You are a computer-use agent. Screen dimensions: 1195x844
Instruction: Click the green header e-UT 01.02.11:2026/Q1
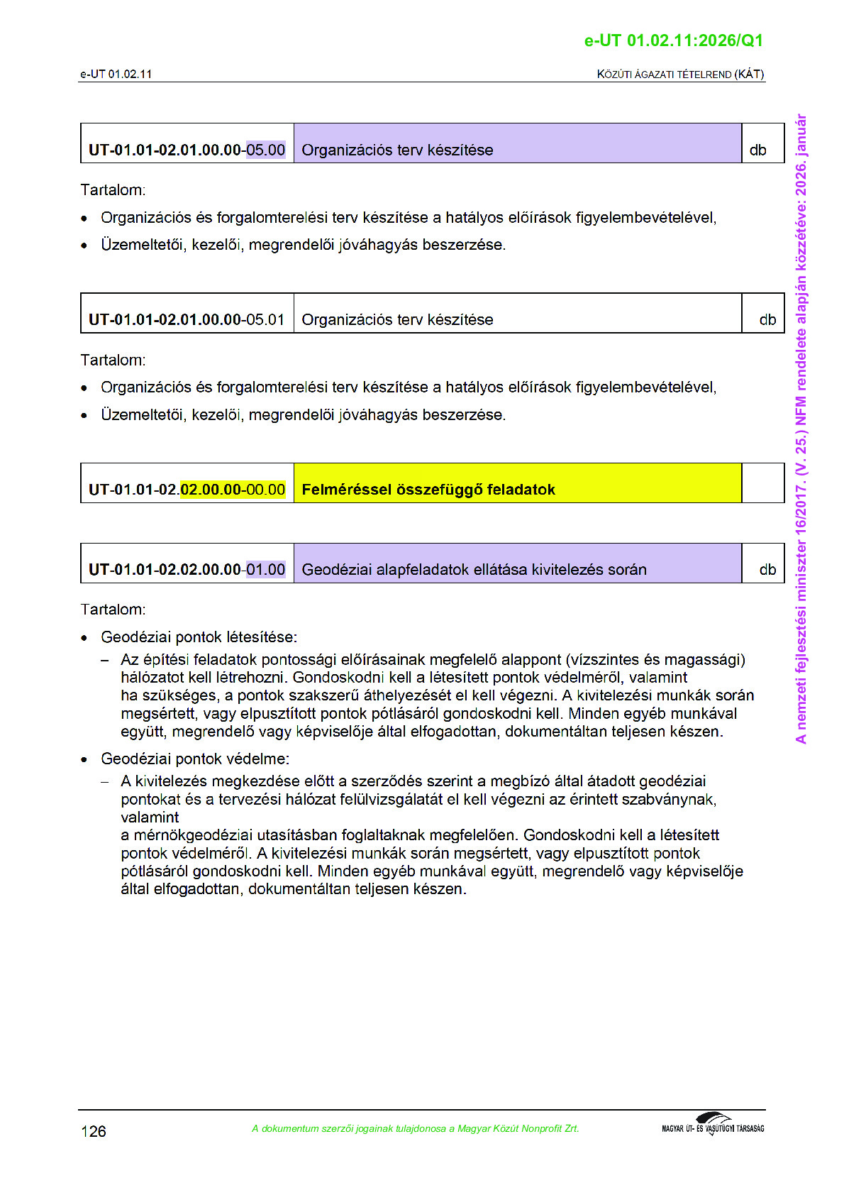tap(673, 40)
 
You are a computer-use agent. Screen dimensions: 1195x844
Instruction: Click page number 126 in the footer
tap(94, 1131)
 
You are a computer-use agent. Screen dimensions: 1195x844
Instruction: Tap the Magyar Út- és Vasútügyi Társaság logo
tap(713, 1125)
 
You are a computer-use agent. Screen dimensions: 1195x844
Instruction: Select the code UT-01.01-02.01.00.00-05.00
tap(187, 150)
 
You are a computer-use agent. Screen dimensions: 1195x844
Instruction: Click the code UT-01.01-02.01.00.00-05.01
tap(187, 320)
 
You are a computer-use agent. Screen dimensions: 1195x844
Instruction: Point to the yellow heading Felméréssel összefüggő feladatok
tap(428, 490)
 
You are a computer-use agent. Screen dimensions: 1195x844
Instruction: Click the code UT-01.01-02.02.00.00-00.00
tap(187, 490)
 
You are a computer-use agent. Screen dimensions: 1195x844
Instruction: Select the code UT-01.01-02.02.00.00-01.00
tap(187, 570)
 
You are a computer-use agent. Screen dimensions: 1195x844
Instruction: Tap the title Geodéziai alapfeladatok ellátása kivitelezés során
tap(474, 570)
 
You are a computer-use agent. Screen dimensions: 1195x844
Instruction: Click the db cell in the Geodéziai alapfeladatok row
tap(767, 570)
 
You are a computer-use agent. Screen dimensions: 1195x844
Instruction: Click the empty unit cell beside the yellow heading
tap(762, 483)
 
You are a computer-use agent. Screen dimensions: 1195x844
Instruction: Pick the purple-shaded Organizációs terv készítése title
tap(397, 150)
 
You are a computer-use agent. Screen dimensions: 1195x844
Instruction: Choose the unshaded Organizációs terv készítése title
tap(397, 320)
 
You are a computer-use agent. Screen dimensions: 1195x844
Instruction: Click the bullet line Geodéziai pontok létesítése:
tap(199, 637)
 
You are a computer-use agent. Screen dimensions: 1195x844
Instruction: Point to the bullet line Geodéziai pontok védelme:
tap(194, 759)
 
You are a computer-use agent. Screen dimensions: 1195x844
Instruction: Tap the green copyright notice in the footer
tap(415, 1129)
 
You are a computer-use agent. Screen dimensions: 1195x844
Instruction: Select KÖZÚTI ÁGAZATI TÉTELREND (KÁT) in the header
tap(680, 74)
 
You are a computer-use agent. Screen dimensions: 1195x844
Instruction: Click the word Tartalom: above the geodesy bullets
tap(113, 610)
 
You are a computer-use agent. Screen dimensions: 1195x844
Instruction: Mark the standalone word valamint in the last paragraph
tap(150, 817)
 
